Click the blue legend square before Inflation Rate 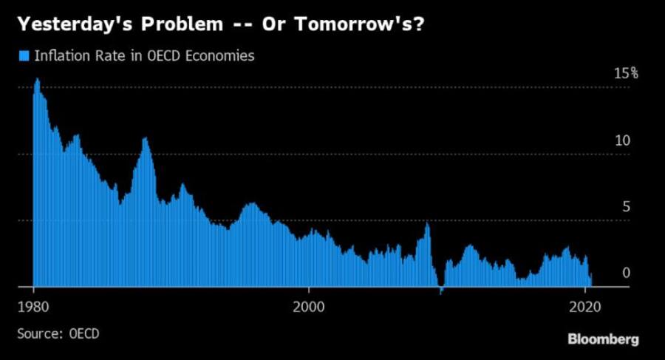coord(22,56)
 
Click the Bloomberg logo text coord(603,339)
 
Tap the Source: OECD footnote coord(58,334)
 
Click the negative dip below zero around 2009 coord(441,291)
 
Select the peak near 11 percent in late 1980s coord(145,139)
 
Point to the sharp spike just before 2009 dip coord(427,223)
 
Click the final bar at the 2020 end coord(591,279)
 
